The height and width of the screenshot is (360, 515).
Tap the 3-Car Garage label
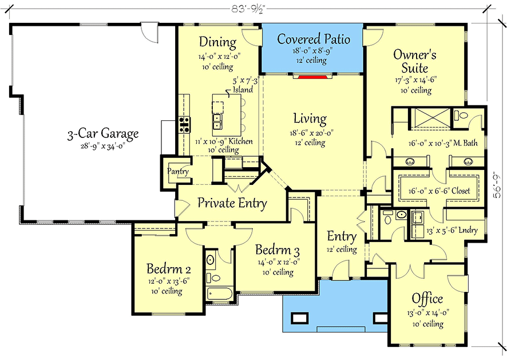102,134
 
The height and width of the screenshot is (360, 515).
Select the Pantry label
177,172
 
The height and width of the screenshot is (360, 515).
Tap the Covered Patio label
313,39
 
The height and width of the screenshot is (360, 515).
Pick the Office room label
427,299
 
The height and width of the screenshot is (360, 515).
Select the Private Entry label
232,203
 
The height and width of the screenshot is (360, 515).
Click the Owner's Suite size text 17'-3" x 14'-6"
415,81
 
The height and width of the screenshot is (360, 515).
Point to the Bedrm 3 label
278,250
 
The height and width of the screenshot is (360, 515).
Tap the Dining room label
217,42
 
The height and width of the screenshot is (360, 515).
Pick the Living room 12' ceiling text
310,143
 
